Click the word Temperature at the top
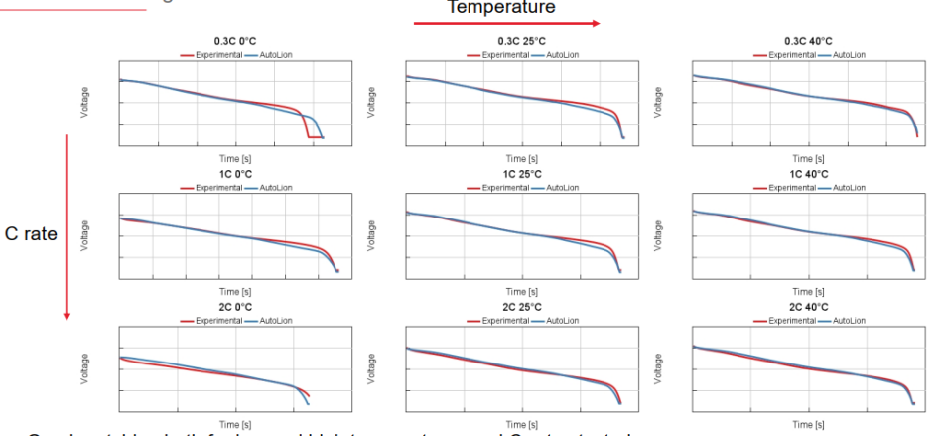[500, 7]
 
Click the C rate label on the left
[31, 235]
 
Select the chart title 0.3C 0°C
[233, 41]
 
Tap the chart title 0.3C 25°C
[520, 41]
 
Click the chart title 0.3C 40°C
[807, 41]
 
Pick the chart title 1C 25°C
[520, 174]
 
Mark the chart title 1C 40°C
[807, 174]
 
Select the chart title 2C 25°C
[520, 308]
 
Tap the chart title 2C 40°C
[807, 308]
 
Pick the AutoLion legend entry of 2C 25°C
[557, 320]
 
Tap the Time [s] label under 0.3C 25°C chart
[521, 158]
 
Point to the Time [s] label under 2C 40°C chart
[808, 425]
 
